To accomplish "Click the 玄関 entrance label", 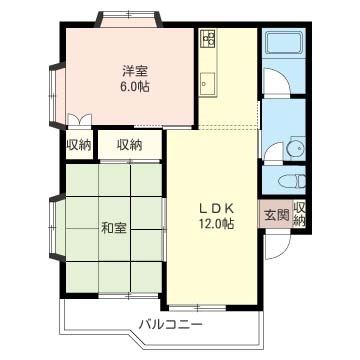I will (275, 215).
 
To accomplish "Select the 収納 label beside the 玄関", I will (299, 214).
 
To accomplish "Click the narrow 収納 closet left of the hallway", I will (79, 145).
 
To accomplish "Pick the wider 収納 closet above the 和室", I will (130, 145).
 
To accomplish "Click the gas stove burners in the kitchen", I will (208, 40).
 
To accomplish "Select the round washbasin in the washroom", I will (296, 149).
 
